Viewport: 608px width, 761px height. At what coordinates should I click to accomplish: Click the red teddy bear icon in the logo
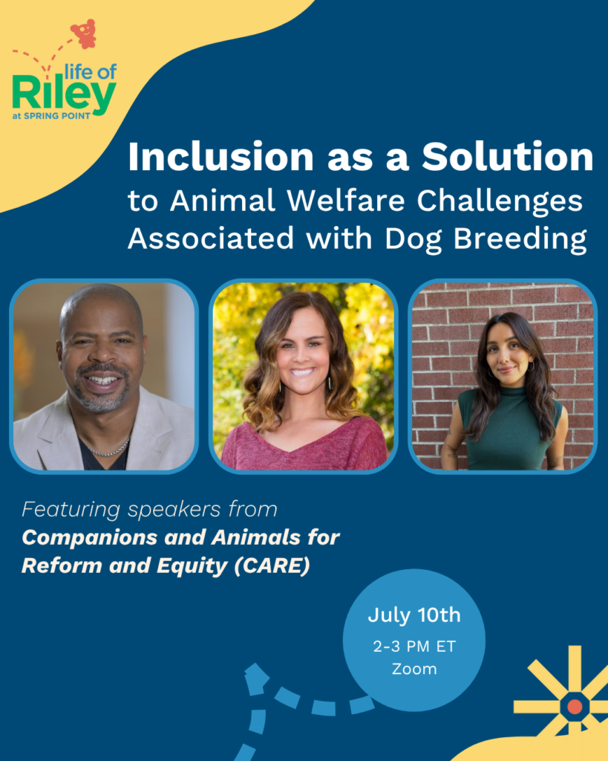[x=85, y=34]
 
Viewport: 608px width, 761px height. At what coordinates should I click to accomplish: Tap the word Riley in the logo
[x=64, y=94]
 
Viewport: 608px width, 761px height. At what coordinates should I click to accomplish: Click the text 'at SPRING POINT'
[x=51, y=116]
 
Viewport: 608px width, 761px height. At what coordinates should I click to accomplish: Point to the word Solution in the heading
[x=507, y=157]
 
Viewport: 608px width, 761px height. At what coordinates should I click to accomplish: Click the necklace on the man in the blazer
[x=110, y=450]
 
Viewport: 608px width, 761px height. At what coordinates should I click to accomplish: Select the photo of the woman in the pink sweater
[x=304, y=376]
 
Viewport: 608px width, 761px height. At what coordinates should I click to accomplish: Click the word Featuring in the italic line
[x=71, y=510]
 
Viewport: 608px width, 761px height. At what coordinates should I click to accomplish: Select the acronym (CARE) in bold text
[x=272, y=566]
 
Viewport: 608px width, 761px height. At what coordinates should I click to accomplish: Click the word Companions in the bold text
[x=90, y=538]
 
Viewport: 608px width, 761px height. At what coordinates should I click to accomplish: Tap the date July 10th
[x=414, y=615]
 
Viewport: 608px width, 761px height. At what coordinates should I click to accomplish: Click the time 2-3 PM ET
[x=414, y=647]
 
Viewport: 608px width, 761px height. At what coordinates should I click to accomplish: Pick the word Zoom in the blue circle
[x=414, y=670]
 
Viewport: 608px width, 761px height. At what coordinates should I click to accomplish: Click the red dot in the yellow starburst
[x=575, y=707]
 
